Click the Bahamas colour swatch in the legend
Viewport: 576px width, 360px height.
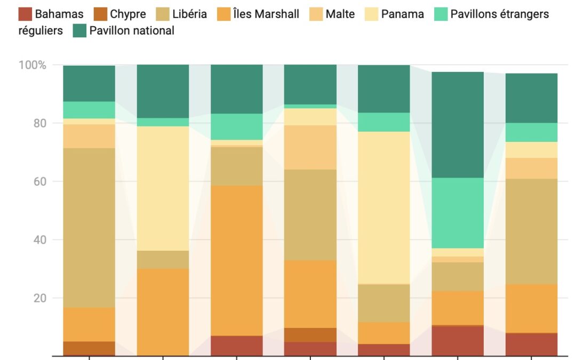(25, 14)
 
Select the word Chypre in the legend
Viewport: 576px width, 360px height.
(127, 14)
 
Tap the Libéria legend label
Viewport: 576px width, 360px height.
(189, 14)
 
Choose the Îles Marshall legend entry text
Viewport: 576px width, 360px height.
(266, 14)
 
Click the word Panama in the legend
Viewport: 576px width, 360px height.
(402, 14)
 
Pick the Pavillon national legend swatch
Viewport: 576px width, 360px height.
(79, 31)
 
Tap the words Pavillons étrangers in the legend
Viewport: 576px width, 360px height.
(499, 14)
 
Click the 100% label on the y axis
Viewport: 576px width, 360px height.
(33, 65)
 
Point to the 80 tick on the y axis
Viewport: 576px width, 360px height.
(40, 123)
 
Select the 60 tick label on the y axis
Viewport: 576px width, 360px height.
(40, 181)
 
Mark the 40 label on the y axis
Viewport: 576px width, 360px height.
(40, 240)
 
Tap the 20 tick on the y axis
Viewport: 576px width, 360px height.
(40, 298)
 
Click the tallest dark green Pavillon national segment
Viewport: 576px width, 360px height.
(457, 125)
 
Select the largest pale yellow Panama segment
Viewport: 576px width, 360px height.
(383, 207)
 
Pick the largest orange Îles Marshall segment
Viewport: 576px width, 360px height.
(237, 261)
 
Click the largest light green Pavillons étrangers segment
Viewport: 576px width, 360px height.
(457, 213)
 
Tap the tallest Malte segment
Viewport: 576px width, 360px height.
(310, 147)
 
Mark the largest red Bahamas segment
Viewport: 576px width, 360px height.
(457, 341)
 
